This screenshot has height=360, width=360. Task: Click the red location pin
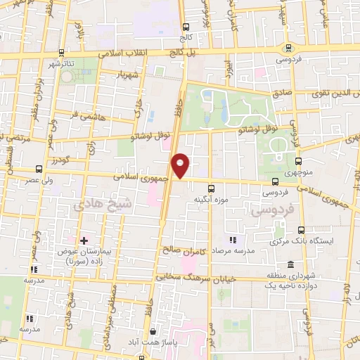pos(181,166)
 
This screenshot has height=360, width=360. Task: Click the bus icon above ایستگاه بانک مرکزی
pos(302,230)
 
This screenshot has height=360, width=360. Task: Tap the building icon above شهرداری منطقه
pos(269,276)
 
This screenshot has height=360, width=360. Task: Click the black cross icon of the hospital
pos(84,240)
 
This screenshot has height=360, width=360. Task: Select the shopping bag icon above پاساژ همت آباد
pos(153,332)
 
